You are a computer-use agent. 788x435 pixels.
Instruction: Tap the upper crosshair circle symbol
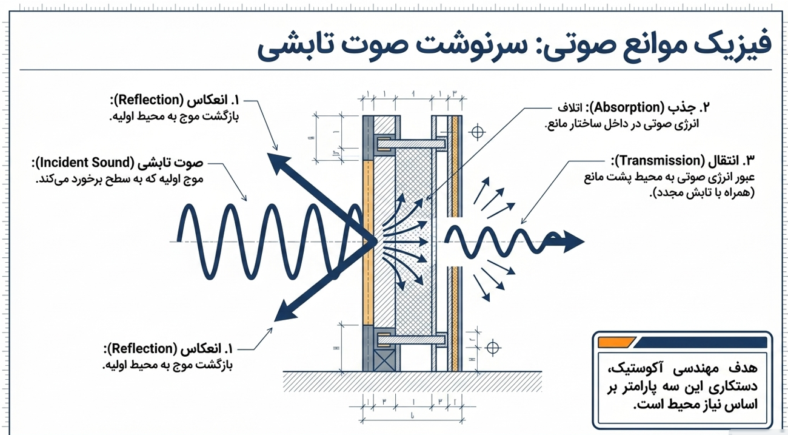[x=478, y=132]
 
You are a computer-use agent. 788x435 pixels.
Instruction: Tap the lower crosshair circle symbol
[x=493, y=348]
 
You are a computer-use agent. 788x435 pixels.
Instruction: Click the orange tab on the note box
[x=616, y=342]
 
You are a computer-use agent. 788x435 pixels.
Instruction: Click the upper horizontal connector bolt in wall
[x=412, y=144]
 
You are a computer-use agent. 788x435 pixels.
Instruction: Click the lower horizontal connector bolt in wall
[x=412, y=340]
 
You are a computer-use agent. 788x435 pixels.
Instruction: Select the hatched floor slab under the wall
[x=412, y=382]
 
